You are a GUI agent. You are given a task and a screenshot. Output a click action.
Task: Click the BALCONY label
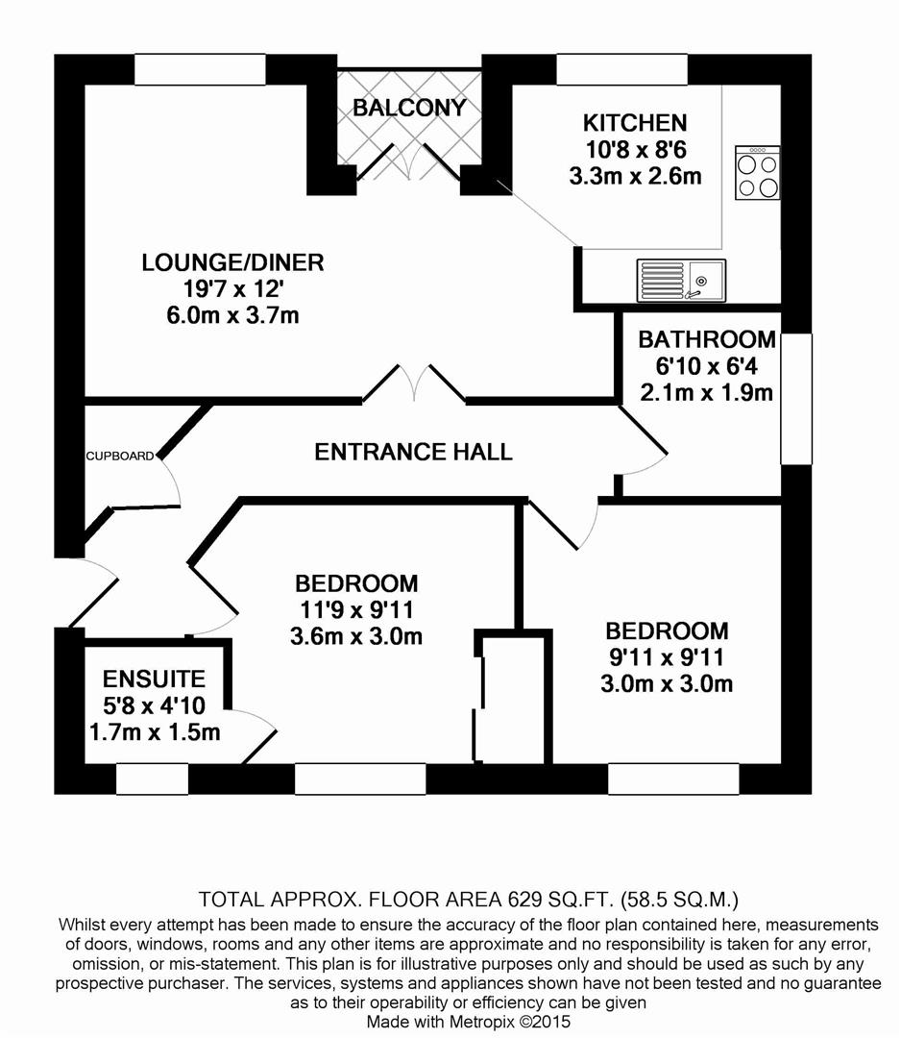(x=409, y=108)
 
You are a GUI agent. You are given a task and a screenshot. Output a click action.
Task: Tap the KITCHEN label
(x=635, y=123)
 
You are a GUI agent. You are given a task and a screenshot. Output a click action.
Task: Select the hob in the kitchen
(x=757, y=173)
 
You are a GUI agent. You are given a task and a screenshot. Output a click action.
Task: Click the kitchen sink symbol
(x=680, y=280)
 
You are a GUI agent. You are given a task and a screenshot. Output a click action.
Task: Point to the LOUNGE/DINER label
(x=232, y=262)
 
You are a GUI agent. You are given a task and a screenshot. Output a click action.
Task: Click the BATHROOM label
(x=707, y=339)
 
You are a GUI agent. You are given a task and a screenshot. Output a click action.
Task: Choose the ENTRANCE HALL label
(x=413, y=452)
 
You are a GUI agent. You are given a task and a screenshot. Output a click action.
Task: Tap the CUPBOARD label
(x=119, y=457)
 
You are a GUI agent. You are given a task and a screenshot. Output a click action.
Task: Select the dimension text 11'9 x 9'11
(x=356, y=609)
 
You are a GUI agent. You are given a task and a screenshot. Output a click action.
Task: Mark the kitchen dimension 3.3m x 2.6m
(x=635, y=176)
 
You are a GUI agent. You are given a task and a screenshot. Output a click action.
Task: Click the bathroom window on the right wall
(x=796, y=398)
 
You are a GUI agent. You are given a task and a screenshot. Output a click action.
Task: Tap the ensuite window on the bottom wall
(x=152, y=779)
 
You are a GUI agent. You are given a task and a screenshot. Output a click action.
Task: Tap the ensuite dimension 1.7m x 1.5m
(x=154, y=732)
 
